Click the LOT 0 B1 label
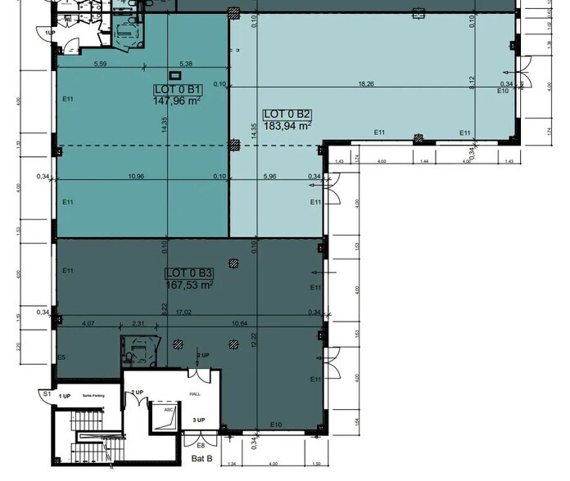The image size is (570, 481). pos(177,89)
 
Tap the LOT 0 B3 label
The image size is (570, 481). pos(189,273)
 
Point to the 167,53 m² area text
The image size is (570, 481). pos(189,285)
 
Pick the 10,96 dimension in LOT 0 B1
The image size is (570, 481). pos(137,176)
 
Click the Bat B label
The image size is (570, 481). pos(201,459)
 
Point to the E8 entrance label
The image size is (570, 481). pos(201,445)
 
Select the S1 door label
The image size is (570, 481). pos(47,394)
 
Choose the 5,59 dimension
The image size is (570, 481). pos(101,63)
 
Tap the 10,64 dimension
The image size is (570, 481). pos(240,323)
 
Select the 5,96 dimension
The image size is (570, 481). pos(272,176)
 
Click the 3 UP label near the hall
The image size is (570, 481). pos(198,420)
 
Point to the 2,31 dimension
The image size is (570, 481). pos(138,323)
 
